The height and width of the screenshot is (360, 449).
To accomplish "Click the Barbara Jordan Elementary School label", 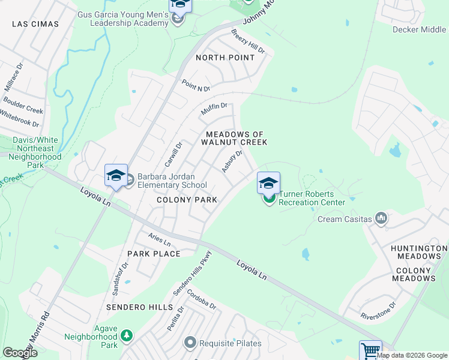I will click(x=172, y=181).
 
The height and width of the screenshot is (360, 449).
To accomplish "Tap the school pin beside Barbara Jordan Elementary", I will click(x=116, y=176).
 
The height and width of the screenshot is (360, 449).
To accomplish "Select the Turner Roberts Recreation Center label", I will click(x=312, y=198).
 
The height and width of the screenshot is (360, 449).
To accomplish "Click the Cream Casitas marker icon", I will click(x=381, y=218).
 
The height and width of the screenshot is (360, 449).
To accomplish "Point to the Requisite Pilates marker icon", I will click(x=190, y=343).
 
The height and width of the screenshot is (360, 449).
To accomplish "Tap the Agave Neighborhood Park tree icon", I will click(x=126, y=336).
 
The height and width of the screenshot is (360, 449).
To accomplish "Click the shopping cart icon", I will click(x=370, y=350).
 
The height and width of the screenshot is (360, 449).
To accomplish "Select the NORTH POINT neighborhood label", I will click(x=225, y=58).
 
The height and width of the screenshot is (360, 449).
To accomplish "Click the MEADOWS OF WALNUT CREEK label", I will click(x=236, y=138).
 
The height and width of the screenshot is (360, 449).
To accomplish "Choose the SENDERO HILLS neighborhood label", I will click(x=139, y=307).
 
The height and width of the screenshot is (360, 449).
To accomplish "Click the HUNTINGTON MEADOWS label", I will click(x=419, y=252).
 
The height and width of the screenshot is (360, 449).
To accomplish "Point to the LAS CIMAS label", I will click(x=35, y=24).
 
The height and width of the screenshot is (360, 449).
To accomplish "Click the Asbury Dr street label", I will click(x=232, y=161).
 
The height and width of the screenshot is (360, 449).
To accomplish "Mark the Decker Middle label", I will click(x=419, y=29).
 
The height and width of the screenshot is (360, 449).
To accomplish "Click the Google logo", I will click(x=20, y=353).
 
